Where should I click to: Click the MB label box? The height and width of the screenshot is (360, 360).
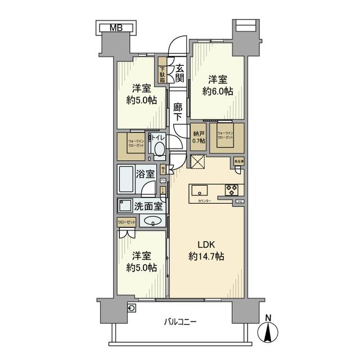tap(115, 26)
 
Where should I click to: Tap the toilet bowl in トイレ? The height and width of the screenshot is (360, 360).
tap(159, 149)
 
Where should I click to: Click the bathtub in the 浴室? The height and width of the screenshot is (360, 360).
tap(127, 178)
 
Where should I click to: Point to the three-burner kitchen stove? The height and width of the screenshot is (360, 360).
tap(233, 189)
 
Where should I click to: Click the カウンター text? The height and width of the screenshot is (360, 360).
tap(204, 201)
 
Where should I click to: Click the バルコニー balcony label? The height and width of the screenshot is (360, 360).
tap(180, 322)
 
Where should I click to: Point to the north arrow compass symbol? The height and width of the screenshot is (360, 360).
tap(268, 332)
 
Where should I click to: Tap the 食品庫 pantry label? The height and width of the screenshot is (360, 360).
tap(238, 162)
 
